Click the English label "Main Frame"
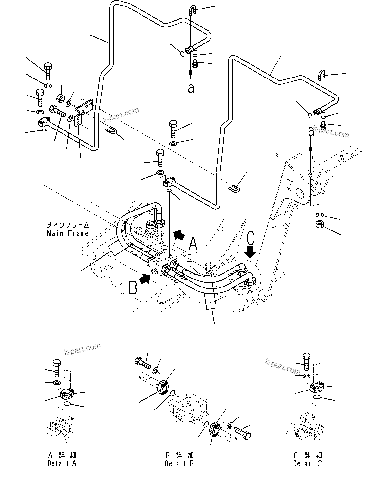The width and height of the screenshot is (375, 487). [x=68, y=234]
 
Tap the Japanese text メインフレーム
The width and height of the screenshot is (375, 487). [x=68, y=225]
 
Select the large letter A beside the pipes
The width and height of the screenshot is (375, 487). [x=194, y=244]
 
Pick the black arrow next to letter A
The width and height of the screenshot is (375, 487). [x=178, y=235]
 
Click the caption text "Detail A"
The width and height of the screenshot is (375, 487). [x=62, y=463]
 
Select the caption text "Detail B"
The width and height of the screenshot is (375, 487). [x=179, y=463]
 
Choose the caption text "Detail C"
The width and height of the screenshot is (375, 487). [x=308, y=463]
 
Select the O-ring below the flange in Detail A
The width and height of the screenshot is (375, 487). [x=67, y=404]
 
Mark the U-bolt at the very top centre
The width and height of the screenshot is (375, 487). [x=192, y=11]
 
